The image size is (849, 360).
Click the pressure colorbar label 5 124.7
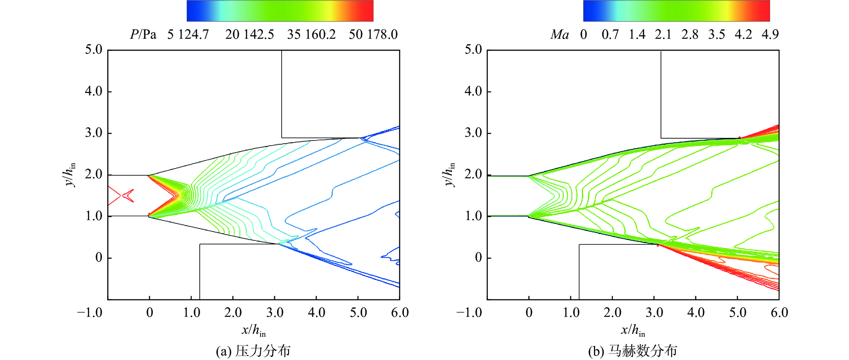(x=188, y=35)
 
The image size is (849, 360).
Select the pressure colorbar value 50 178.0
(x=373, y=35)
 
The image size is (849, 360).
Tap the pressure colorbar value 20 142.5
(x=249, y=35)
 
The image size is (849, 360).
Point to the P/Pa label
(x=143, y=35)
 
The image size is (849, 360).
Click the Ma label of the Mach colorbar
(x=560, y=35)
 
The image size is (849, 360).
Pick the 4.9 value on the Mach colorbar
(x=770, y=35)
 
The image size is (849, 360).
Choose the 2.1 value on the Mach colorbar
(x=663, y=35)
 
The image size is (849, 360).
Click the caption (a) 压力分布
(x=253, y=351)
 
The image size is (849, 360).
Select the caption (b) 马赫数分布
(x=632, y=351)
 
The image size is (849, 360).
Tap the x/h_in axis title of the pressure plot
(x=254, y=330)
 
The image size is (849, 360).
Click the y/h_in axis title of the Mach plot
(x=449, y=174)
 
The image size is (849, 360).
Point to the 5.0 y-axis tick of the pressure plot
(x=94, y=50)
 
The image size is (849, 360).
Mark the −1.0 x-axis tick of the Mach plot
(x=469, y=313)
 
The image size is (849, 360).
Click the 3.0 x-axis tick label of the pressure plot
(x=275, y=313)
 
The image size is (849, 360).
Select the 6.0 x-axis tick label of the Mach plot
(x=779, y=313)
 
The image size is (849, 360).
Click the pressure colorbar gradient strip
(x=280, y=11)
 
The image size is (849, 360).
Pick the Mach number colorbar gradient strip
(x=677, y=11)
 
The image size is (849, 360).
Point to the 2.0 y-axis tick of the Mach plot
(x=473, y=175)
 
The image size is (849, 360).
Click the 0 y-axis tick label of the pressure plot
(x=99, y=258)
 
